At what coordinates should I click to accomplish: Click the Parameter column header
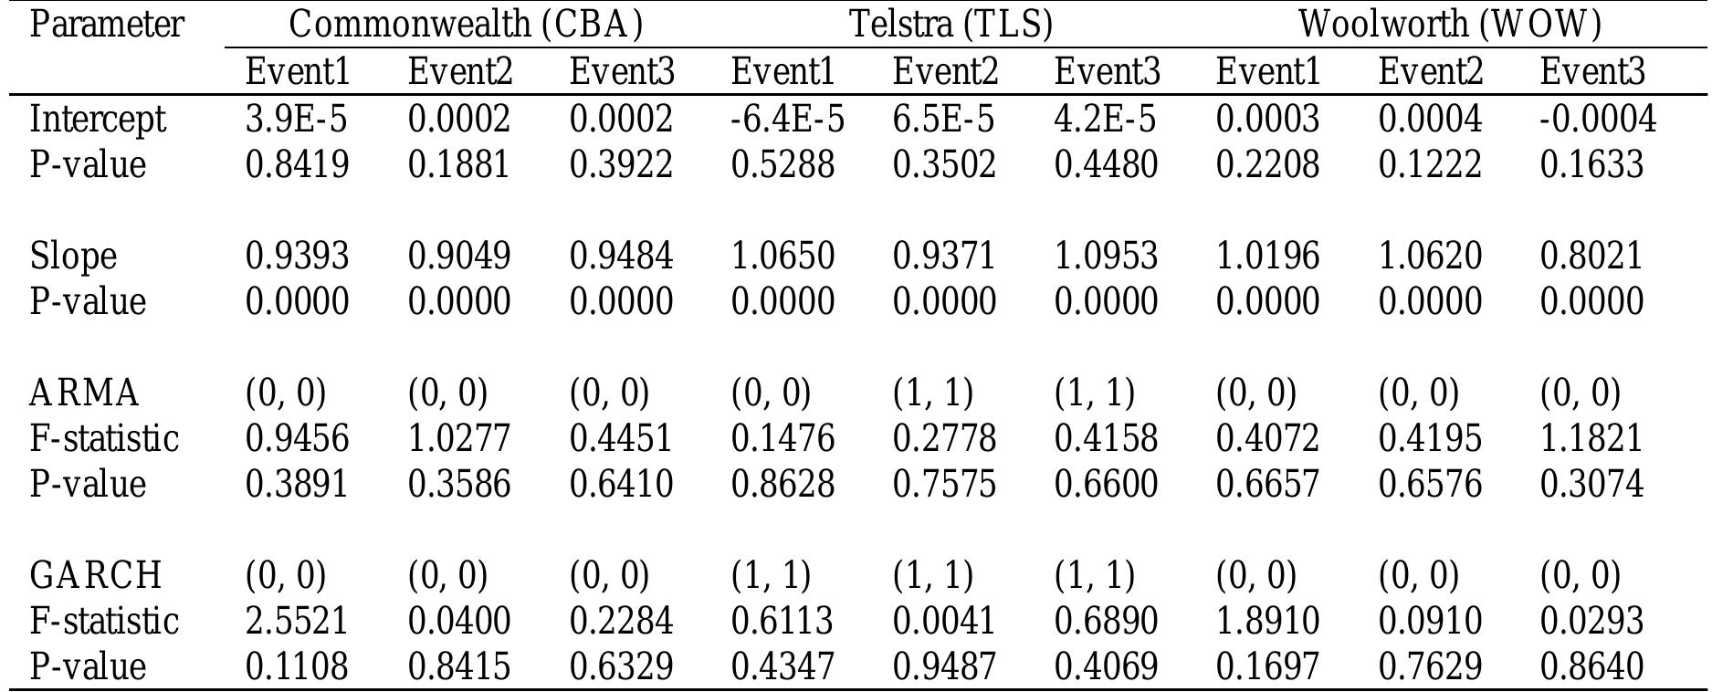107,25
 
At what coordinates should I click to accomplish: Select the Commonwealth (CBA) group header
466,25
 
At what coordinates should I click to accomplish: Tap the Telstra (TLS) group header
951,25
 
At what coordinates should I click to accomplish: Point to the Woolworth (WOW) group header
1450,25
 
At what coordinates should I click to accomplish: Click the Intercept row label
98,120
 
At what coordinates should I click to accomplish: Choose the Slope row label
73,256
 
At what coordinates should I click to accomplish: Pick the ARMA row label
85,393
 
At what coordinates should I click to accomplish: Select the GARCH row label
96,576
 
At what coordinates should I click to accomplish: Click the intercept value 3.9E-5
296,120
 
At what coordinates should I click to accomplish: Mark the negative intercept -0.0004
1597,120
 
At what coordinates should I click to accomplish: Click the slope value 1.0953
1106,256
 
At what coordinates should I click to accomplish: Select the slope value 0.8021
1591,256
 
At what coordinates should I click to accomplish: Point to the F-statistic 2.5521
297,621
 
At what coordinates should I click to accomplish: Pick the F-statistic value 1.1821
1591,439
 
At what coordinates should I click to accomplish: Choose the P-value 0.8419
297,165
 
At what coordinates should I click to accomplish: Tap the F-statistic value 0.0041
944,621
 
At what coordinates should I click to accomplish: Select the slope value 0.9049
459,256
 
